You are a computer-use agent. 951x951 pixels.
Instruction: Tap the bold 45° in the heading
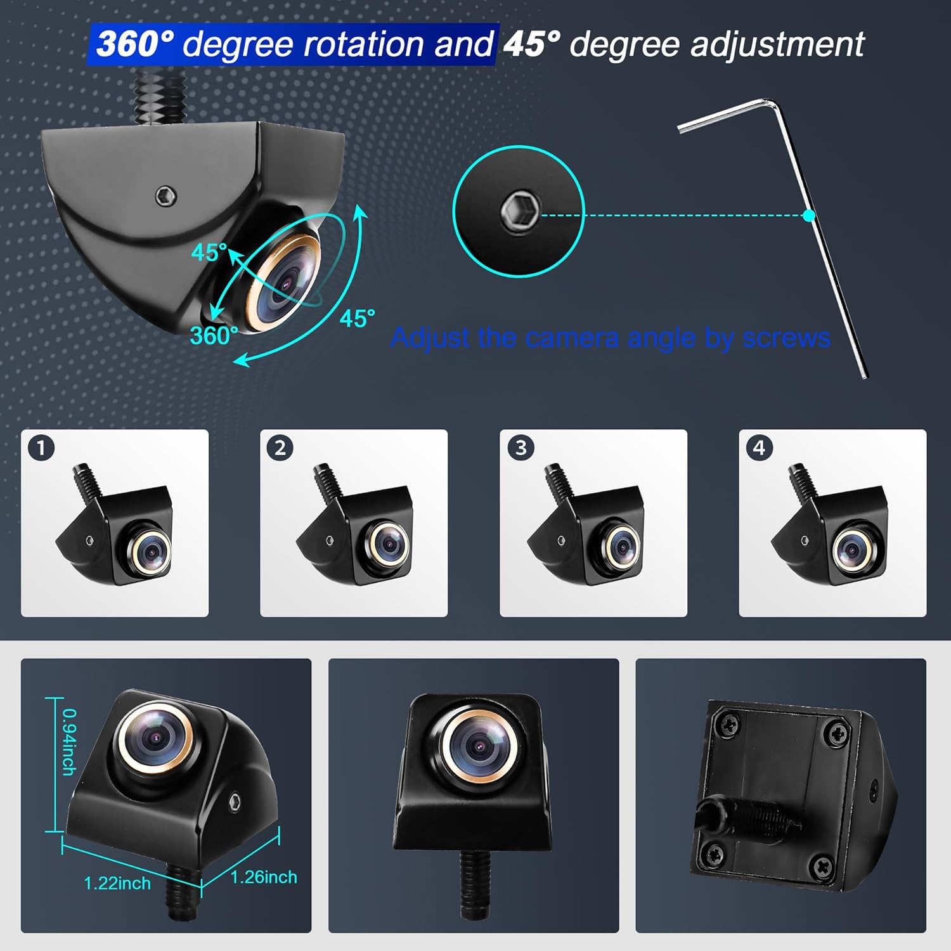click(x=532, y=44)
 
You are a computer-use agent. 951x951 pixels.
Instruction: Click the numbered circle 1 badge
click(x=41, y=448)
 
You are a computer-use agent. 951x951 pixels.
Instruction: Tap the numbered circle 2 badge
click(x=280, y=448)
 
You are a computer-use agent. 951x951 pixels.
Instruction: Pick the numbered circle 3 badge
click(x=521, y=448)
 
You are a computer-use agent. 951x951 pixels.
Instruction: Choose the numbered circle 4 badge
click(x=759, y=448)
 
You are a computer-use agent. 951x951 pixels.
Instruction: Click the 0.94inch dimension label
click(x=69, y=741)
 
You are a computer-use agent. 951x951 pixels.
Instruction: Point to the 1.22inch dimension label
click(x=117, y=883)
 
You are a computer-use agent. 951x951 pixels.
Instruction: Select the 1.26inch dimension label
click(x=264, y=877)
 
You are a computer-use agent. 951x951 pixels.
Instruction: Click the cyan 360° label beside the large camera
click(x=214, y=335)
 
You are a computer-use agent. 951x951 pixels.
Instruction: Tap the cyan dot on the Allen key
click(x=808, y=216)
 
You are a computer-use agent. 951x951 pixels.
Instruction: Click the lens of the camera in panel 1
click(x=151, y=550)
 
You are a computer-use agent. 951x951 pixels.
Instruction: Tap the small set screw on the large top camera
click(x=165, y=196)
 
